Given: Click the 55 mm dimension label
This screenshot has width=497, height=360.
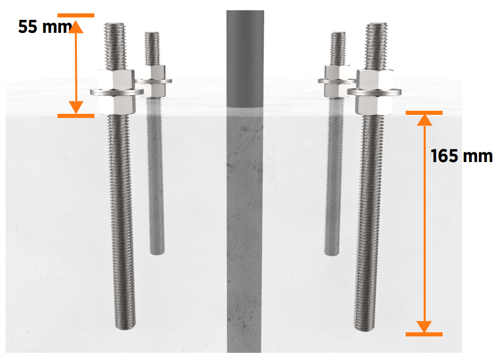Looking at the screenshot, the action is pos(45,26).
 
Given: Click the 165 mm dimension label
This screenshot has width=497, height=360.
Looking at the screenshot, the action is pos(462,156).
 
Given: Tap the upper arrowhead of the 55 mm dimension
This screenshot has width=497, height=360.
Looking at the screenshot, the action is pos(76,27).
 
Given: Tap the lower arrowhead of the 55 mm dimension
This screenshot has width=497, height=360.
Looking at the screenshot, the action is pos(76,107).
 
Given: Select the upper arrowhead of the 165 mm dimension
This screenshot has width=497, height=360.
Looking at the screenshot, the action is pos(424,120).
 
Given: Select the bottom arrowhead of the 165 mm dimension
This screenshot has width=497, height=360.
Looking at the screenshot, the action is pos(424,327).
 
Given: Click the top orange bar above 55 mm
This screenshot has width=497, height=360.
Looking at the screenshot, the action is pos(76,15).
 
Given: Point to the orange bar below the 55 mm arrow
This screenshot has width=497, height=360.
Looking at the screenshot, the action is pos(76,116).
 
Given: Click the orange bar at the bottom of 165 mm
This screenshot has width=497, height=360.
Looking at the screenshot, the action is pos(424,334).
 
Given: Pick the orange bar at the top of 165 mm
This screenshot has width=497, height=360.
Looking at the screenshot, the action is pos(424,113).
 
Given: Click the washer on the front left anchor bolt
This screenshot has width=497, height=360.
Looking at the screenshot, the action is pos(116,92).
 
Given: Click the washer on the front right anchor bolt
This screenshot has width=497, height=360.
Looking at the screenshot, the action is pos(374,92).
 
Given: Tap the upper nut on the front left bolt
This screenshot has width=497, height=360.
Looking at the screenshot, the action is pos(116,79).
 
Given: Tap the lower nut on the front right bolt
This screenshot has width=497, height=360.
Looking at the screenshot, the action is pos(374,105).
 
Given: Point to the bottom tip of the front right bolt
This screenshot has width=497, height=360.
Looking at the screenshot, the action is pos(364,328).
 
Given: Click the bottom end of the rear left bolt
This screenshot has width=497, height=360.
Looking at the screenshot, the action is pos(157,253).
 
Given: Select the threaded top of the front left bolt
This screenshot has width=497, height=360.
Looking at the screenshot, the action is pos(115,46).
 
